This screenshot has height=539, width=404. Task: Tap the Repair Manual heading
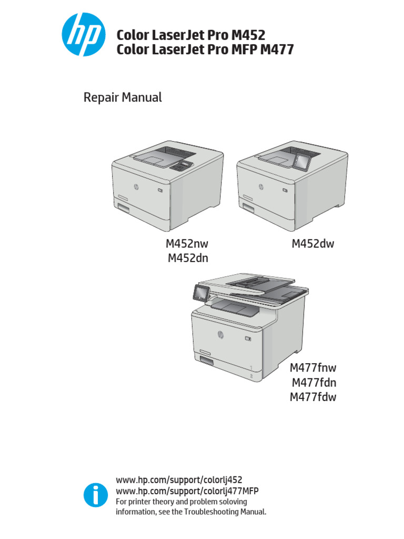(x=123, y=97)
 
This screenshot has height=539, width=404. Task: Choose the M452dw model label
(x=313, y=244)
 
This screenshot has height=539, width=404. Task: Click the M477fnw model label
(x=313, y=368)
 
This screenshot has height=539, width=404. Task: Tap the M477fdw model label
(x=313, y=397)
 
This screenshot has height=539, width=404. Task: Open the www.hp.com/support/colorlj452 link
(x=179, y=480)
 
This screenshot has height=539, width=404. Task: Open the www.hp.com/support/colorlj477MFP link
(x=187, y=491)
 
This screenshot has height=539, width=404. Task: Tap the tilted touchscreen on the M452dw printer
(x=303, y=159)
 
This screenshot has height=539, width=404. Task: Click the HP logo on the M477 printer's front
(x=219, y=333)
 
